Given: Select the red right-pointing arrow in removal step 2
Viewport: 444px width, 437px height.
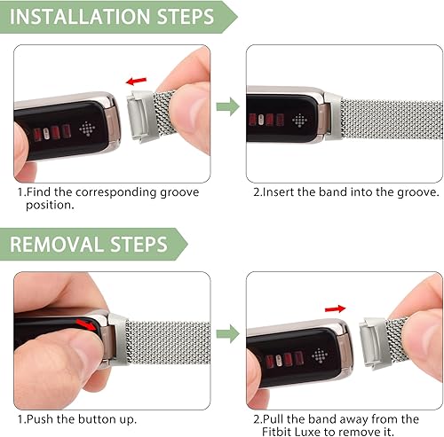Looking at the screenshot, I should tap(335, 308).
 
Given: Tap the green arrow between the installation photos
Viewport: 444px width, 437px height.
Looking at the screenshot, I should tap(228, 107).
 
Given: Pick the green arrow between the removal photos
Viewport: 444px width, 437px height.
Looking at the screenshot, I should tap(228, 334).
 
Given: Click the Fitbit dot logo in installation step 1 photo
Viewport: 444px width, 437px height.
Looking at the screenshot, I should tap(85, 126).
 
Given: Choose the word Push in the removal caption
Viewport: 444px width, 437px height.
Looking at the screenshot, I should tap(41, 417).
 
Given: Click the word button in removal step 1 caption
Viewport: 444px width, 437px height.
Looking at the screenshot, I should tap(106, 417).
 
